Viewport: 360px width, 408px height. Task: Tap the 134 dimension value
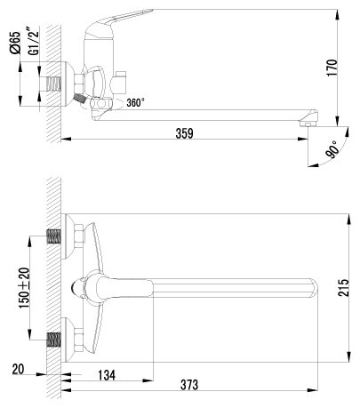coord(107,373)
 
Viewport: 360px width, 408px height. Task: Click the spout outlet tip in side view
coord(308,118)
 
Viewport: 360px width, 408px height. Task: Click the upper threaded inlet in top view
coord(54,237)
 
